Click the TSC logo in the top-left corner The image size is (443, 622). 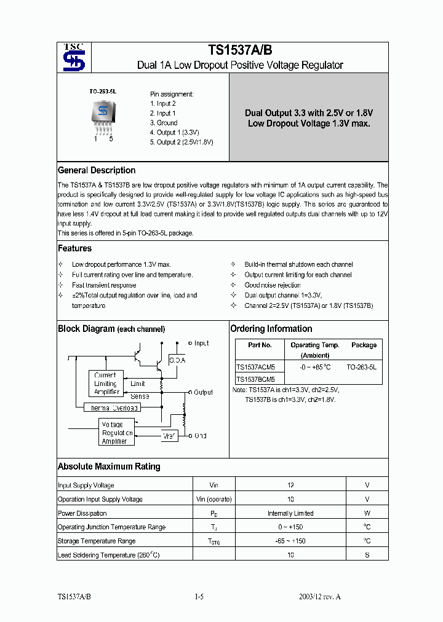[x=74, y=57]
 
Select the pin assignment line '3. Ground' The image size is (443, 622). [x=164, y=123]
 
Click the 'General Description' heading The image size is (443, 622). [x=97, y=170]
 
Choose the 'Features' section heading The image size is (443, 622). [x=74, y=248]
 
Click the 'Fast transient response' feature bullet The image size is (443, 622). [x=104, y=285]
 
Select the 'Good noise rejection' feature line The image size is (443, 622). [x=272, y=285]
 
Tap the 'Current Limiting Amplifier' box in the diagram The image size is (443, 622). [x=105, y=384]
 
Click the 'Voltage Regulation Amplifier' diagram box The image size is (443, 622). [x=116, y=433]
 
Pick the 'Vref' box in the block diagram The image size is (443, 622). [x=169, y=436]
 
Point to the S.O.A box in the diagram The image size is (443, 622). [x=177, y=360]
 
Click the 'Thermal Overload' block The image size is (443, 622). [x=111, y=407]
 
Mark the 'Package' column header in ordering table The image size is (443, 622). [x=364, y=345]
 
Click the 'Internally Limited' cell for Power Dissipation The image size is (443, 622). [x=290, y=513]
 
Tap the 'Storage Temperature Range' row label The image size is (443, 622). [x=97, y=541]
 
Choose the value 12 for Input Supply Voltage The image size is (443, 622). [x=290, y=486]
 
